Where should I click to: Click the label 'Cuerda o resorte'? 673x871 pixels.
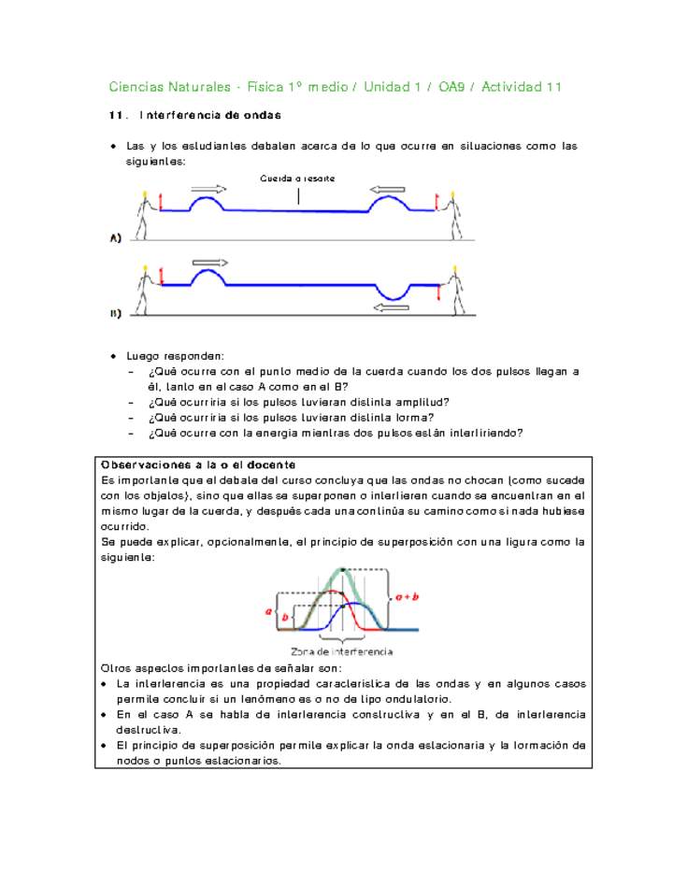point(297,178)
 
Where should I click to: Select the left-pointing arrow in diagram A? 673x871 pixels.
point(387,190)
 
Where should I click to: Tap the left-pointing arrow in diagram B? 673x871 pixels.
point(391,307)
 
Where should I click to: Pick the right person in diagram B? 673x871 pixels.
point(453,291)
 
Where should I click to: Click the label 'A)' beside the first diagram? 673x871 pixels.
point(115,239)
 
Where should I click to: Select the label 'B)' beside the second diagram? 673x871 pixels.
point(115,315)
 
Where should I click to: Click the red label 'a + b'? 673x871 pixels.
point(407,594)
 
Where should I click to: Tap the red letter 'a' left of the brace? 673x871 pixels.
point(269,610)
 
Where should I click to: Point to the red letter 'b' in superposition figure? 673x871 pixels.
point(286,618)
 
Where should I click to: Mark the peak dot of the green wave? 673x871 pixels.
point(343,568)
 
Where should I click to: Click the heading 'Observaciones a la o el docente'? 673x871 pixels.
point(198,464)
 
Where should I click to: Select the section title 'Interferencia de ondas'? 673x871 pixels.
point(210,116)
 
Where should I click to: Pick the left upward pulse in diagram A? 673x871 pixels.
point(208,202)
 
